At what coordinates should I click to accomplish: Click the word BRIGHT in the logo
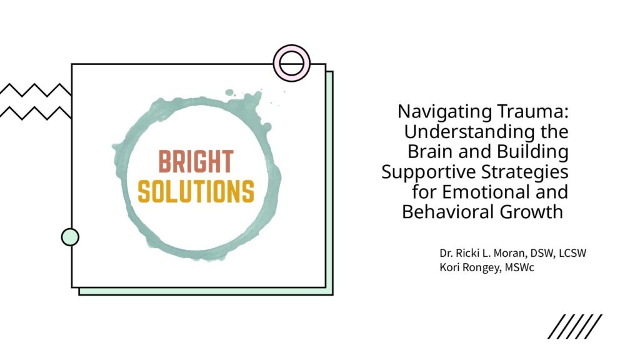[x=196, y=162]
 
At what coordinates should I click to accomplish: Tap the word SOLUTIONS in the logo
[x=196, y=191]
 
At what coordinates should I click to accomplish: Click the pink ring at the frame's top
[x=291, y=63]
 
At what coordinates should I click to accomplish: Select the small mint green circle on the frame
[x=70, y=237]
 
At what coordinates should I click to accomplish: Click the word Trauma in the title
[x=532, y=111]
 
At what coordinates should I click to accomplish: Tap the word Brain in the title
[x=431, y=151]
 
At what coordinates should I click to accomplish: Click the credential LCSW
[x=572, y=254]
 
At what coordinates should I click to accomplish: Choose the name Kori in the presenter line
[x=447, y=267]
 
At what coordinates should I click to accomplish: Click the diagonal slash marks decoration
[x=575, y=326]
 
